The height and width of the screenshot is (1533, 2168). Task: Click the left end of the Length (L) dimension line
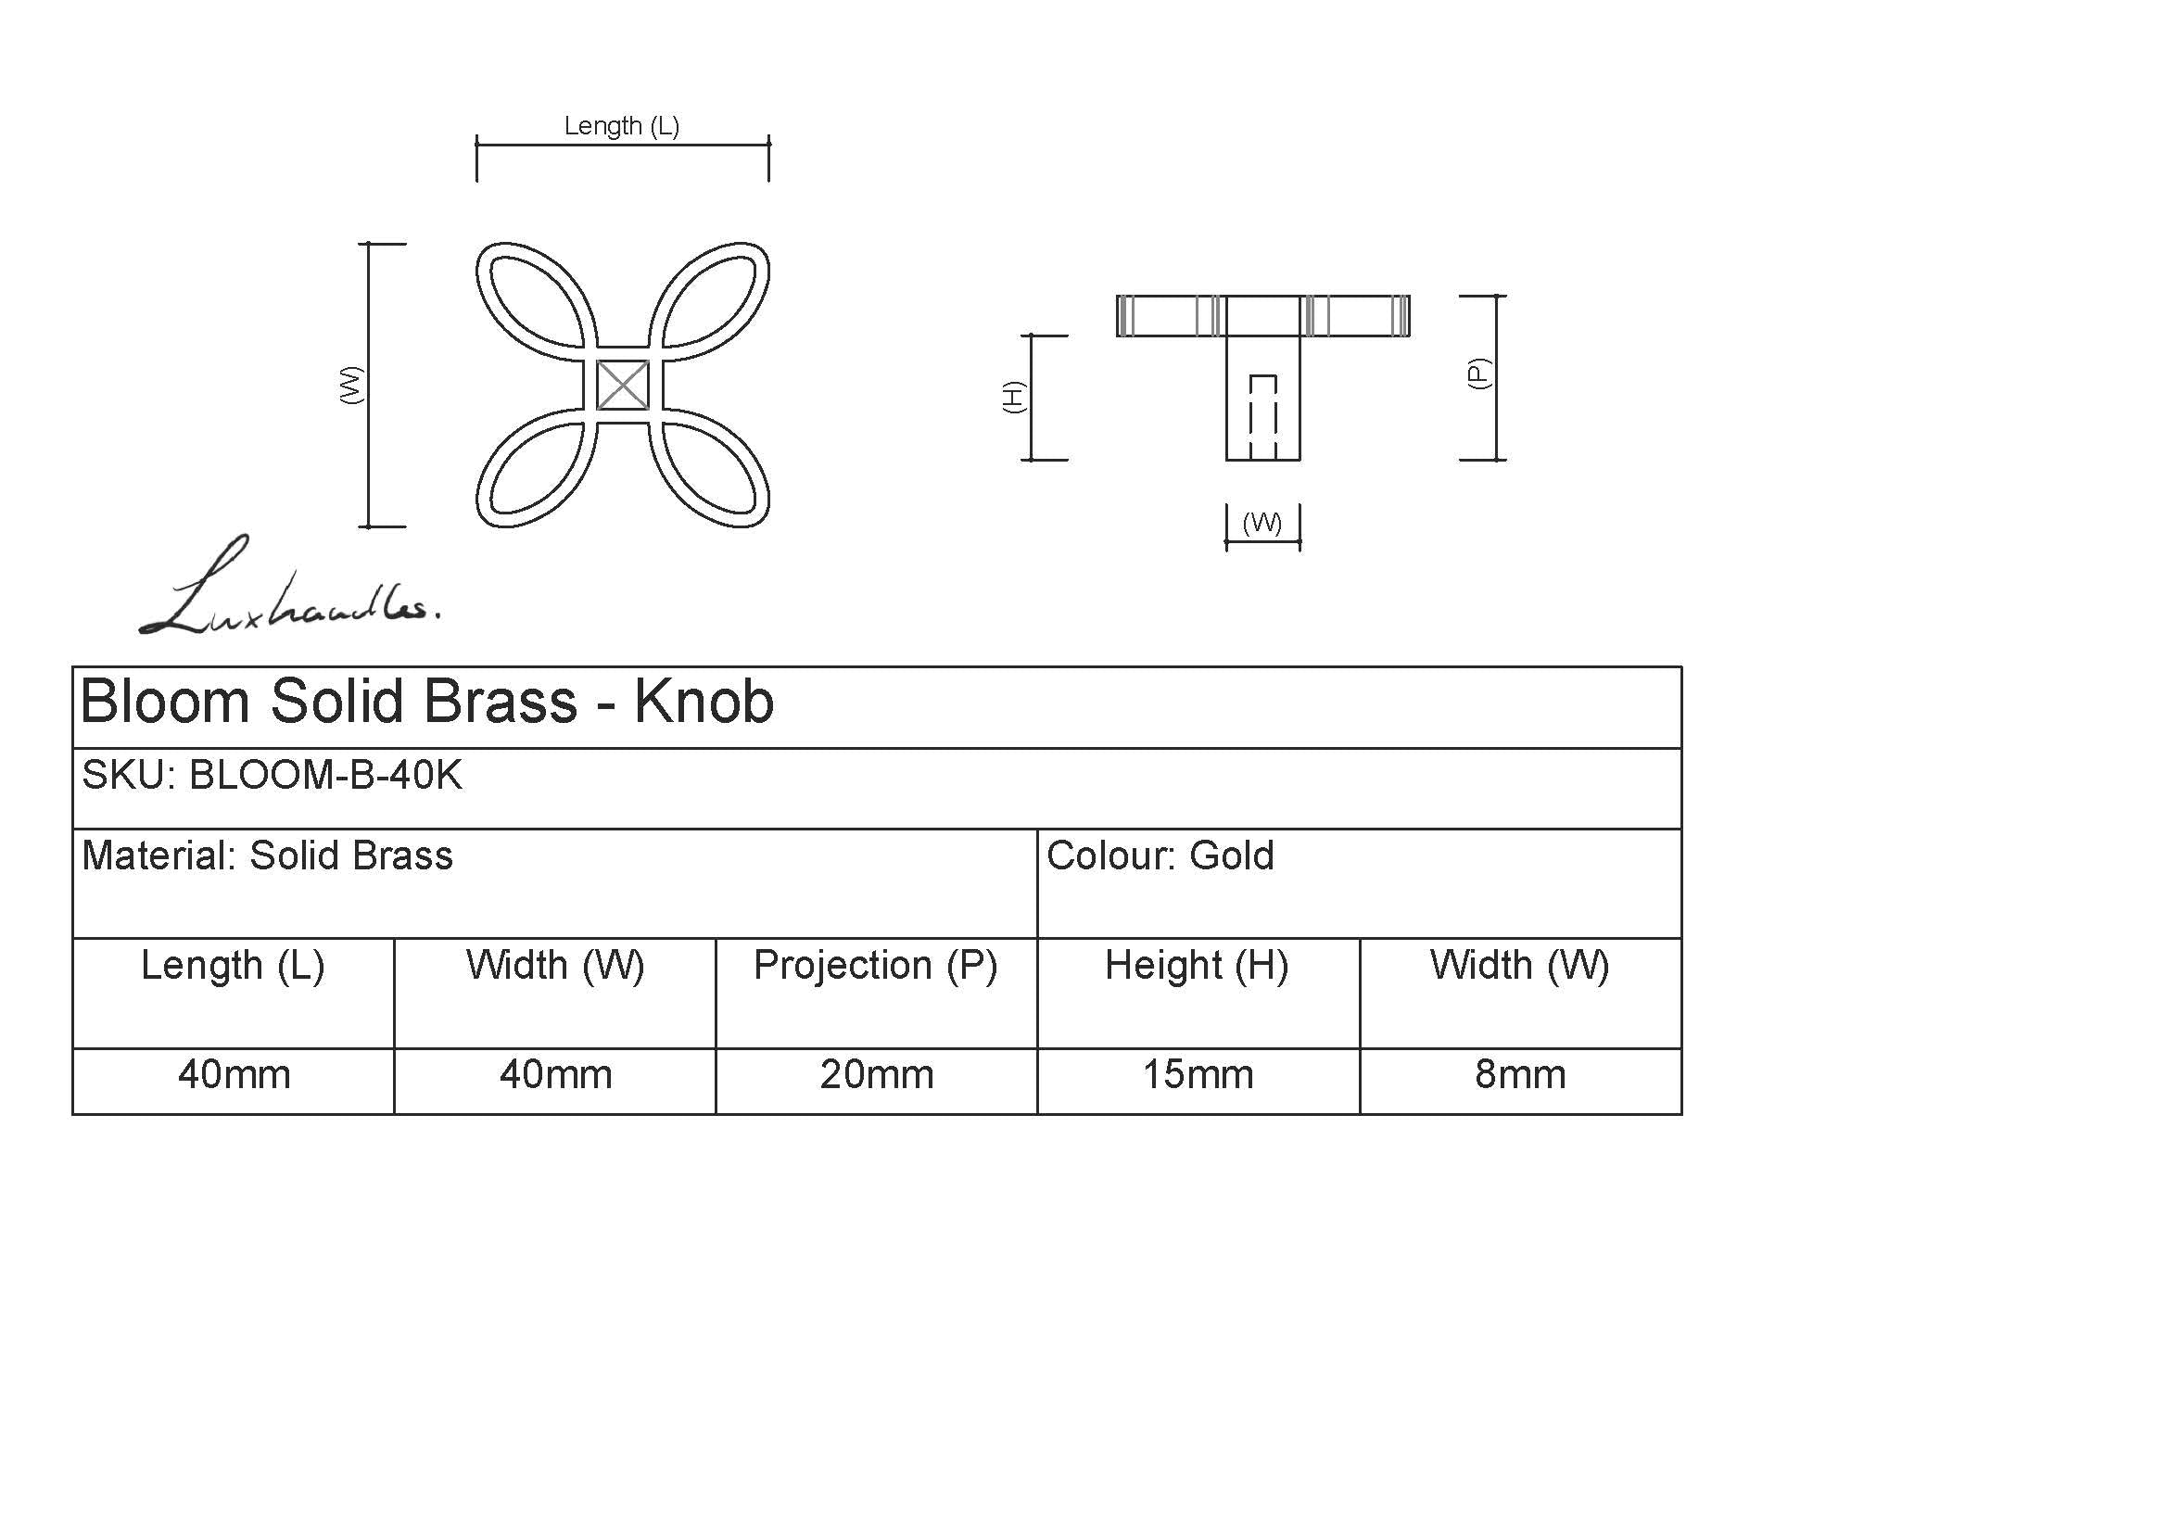click(x=476, y=146)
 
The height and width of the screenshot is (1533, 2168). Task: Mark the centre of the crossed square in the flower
click(x=623, y=386)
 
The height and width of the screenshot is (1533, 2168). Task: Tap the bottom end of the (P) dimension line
click(x=1497, y=460)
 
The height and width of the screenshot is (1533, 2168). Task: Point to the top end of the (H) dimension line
click(x=1030, y=336)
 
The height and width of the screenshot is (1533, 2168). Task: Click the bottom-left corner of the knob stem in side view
click(x=1226, y=460)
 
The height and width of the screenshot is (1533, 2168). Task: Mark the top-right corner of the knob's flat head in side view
click(x=1410, y=297)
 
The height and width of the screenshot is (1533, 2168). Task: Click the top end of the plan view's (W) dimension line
click(x=368, y=244)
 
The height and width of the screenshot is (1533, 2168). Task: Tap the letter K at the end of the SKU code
click(x=450, y=775)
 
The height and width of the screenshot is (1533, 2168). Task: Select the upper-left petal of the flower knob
click(x=537, y=302)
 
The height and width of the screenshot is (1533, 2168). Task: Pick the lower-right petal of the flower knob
click(x=710, y=468)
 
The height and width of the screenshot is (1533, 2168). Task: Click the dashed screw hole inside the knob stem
click(x=1263, y=416)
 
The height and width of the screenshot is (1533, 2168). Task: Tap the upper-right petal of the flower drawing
click(x=710, y=302)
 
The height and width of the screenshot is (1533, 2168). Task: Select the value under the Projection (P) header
click(x=876, y=1075)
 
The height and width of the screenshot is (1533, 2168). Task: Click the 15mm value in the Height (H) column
click(x=1198, y=1075)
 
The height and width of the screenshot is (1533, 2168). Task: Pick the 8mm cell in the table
click(x=1520, y=1075)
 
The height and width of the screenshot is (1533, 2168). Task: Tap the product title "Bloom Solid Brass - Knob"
click(x=427, y=703)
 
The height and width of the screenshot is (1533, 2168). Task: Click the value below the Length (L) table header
click(x=235, y=1075)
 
